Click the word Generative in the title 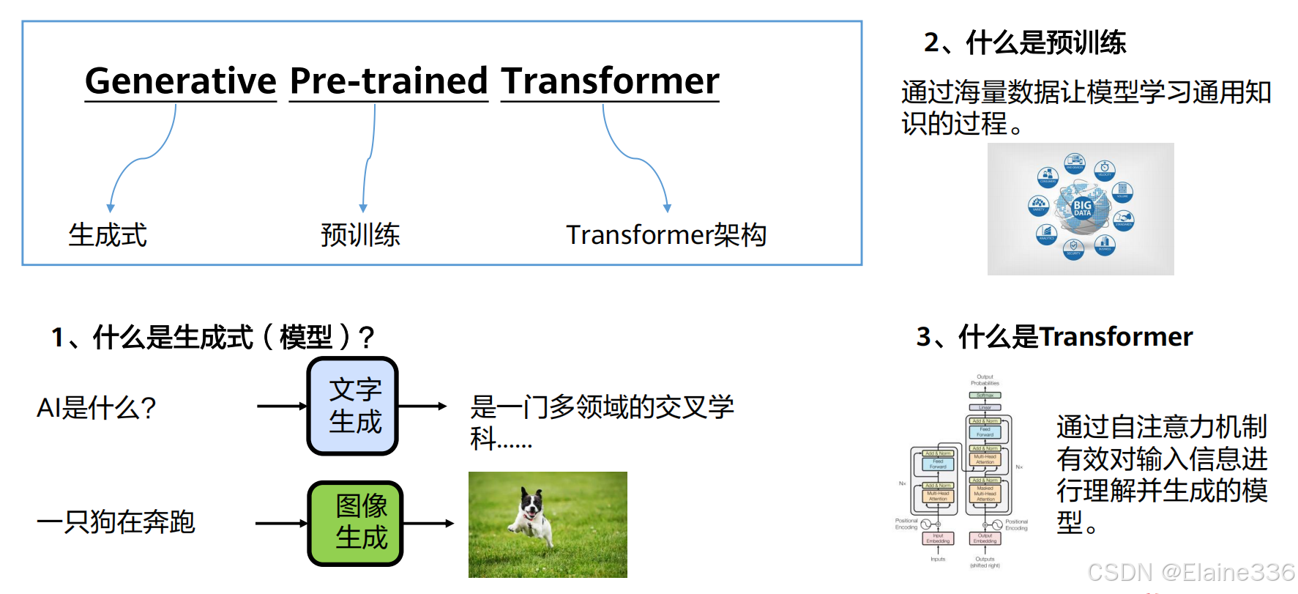(180, 81)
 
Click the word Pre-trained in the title (388, 81)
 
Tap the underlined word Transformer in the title (610, 81)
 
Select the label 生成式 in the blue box (108, 235)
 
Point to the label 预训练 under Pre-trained (360, 235)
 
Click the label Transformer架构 (665, 235)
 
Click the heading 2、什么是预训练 (1024, 42)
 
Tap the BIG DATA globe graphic (1081, 209)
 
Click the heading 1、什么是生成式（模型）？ (212, 337)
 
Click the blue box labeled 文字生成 (353, 406)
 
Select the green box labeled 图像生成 (356, 523)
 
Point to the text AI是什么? (96, 407)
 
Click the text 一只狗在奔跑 (116, 522)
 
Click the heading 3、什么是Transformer (1054, 337)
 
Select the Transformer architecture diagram (961, 472)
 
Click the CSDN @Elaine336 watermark (1191, 572)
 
